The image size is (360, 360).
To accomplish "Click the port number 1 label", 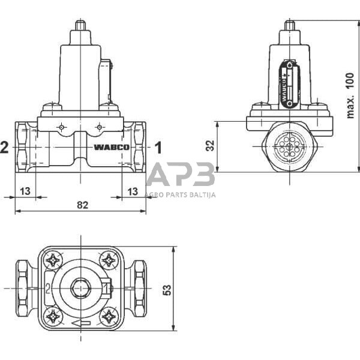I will pos(159,146).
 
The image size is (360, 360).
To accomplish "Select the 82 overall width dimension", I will pos(83,205).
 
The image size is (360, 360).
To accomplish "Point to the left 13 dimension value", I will pos(25,191).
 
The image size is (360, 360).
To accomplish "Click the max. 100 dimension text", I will pos(350,95).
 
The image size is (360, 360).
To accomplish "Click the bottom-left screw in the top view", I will pos(53,315).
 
